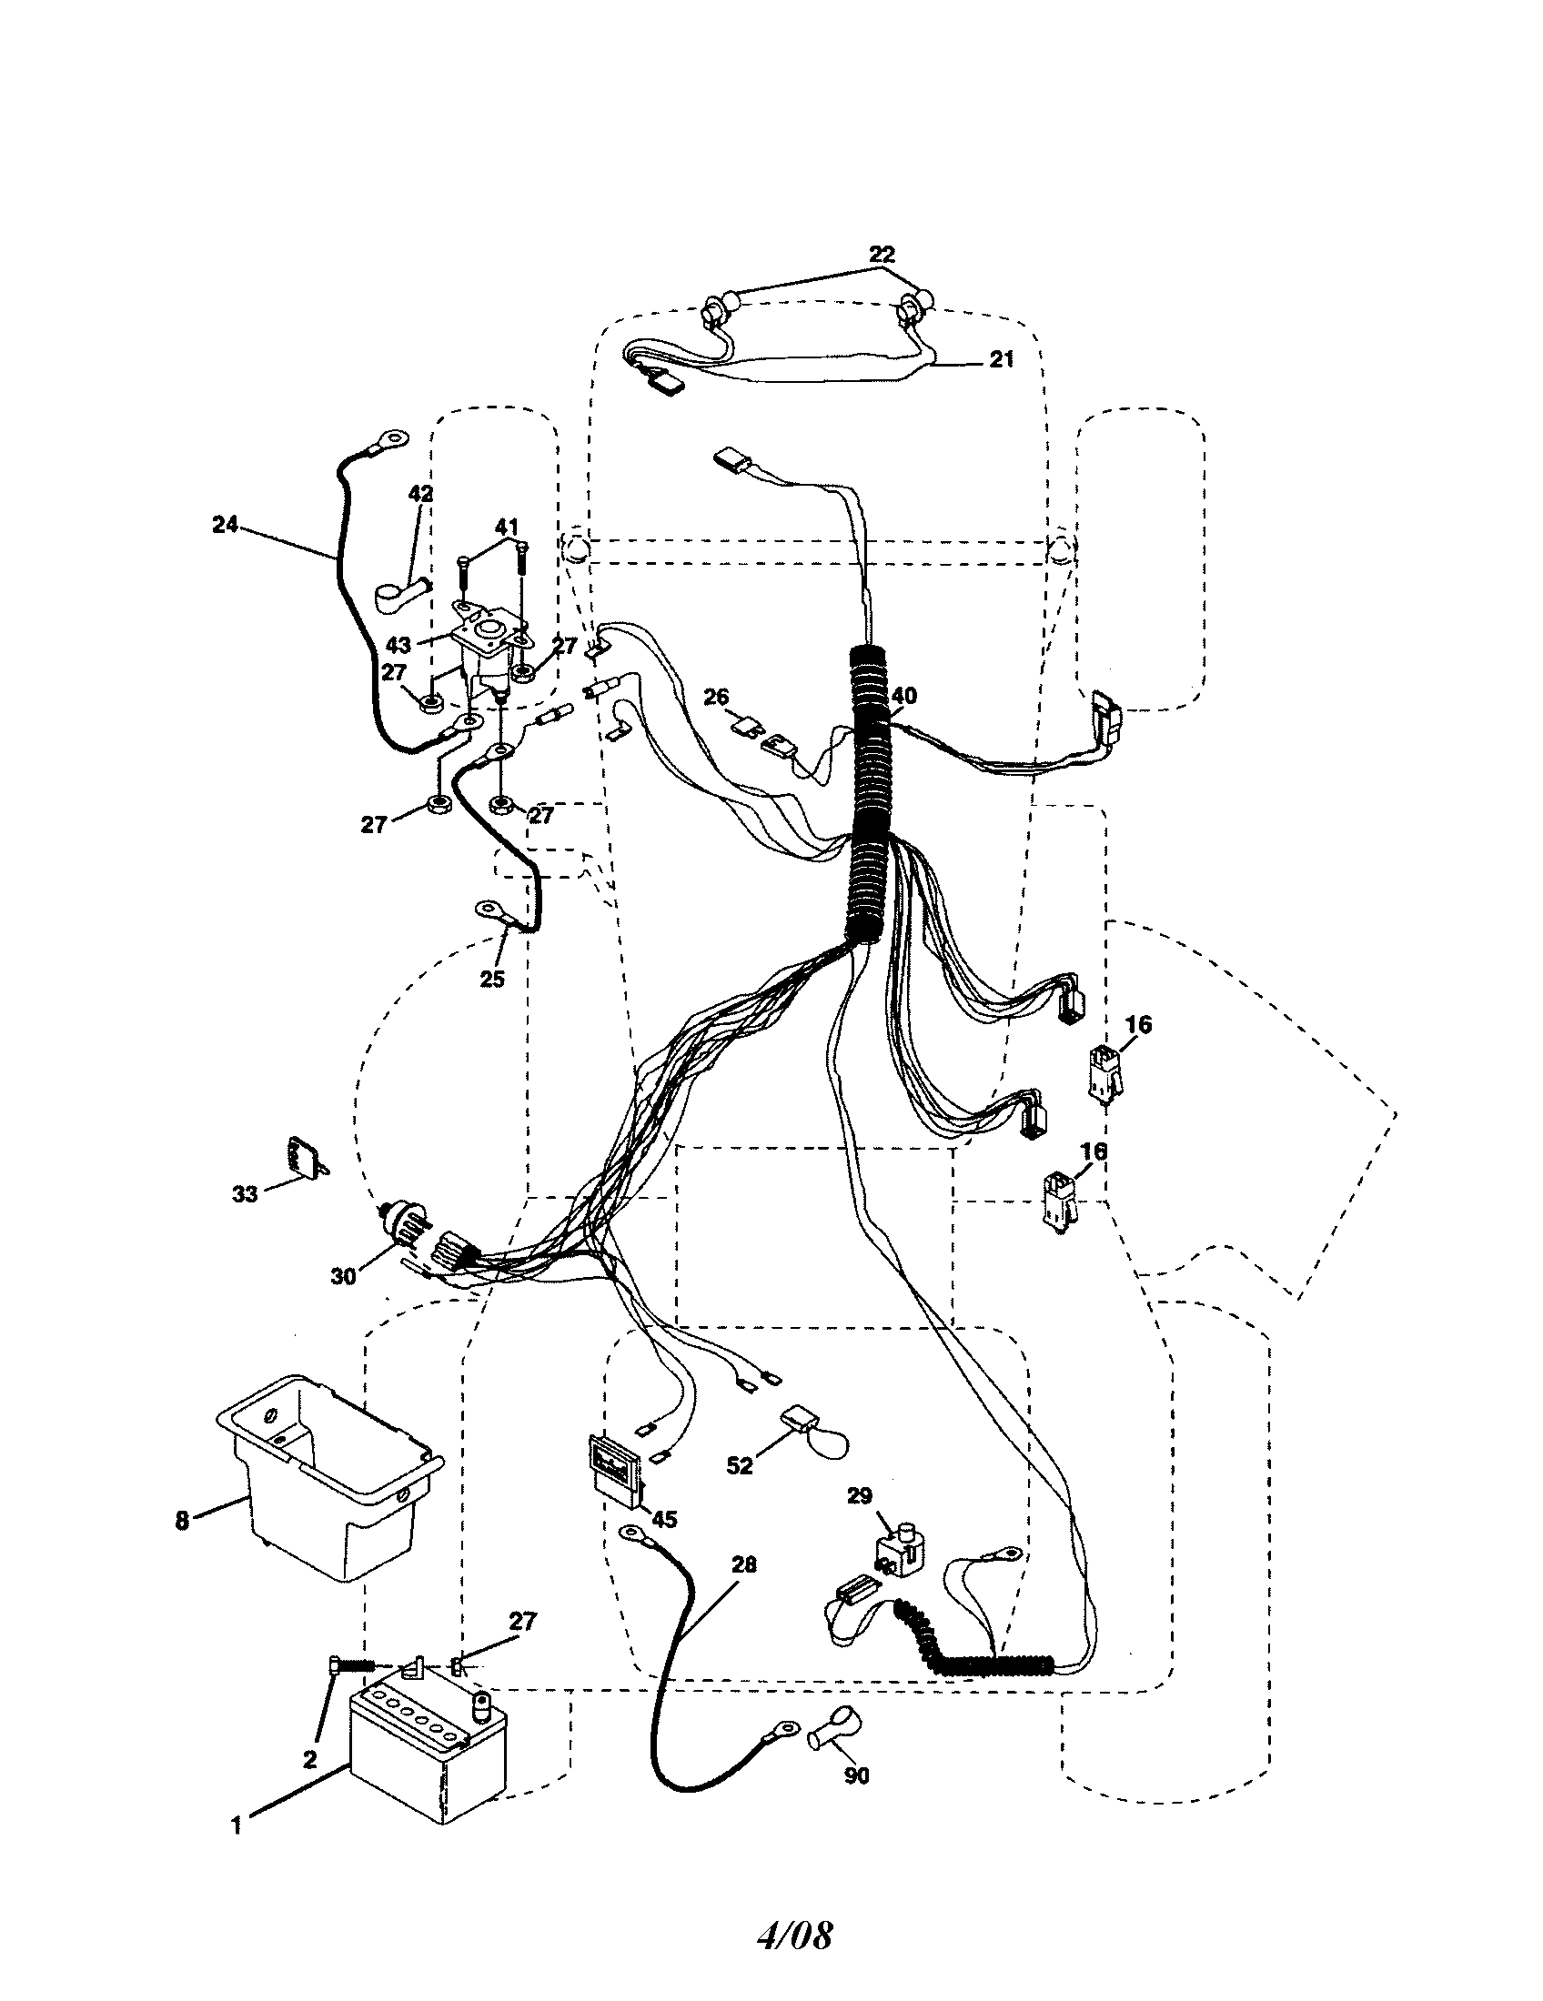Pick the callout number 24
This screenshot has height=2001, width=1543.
point(225,525)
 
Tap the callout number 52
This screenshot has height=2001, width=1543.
point(739,1465)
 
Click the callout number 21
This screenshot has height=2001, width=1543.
point(1003,359)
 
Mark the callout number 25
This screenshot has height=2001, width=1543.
point(492,979)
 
